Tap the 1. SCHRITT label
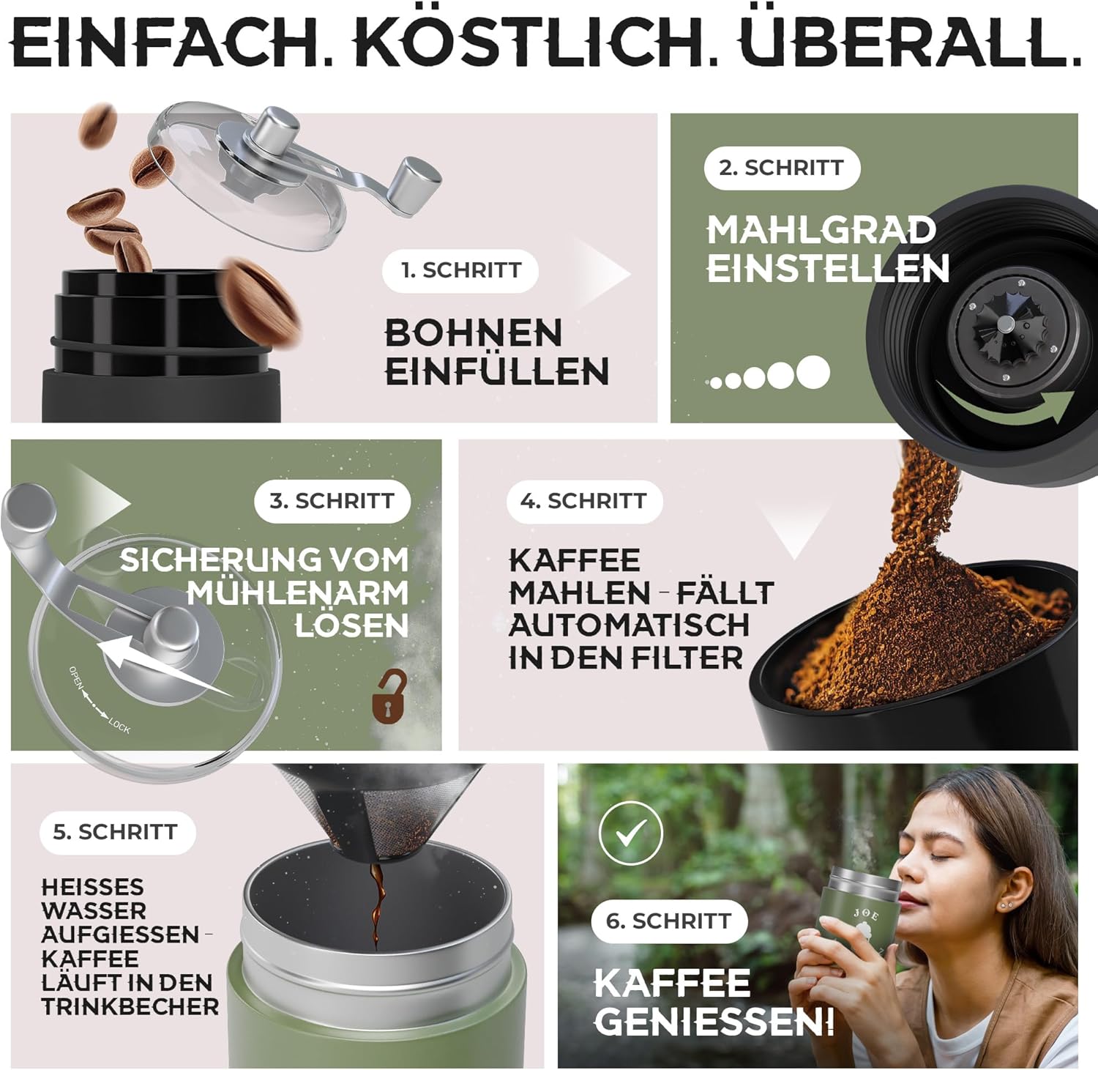460,270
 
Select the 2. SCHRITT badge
782,168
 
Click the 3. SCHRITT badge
332,501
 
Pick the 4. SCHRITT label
584,501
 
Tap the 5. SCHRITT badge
116,832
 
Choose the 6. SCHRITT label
669,921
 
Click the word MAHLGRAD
821,230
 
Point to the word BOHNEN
474,333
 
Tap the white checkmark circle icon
630,833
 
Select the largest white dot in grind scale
813,372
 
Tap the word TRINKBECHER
130,1006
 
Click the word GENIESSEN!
714,1021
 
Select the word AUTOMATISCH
630,625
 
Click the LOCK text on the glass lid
119,727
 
